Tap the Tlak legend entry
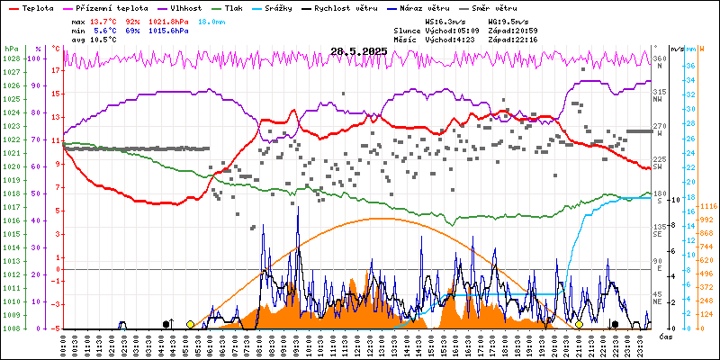[x=238, y=7]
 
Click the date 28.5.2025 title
[x=358, y=51]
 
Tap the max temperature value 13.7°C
[x=105, y=21]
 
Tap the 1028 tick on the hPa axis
[x=11, y=58]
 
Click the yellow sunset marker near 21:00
[x=580, y=324]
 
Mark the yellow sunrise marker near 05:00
[x=190, y=324]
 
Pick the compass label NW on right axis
[x=659, y=101]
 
